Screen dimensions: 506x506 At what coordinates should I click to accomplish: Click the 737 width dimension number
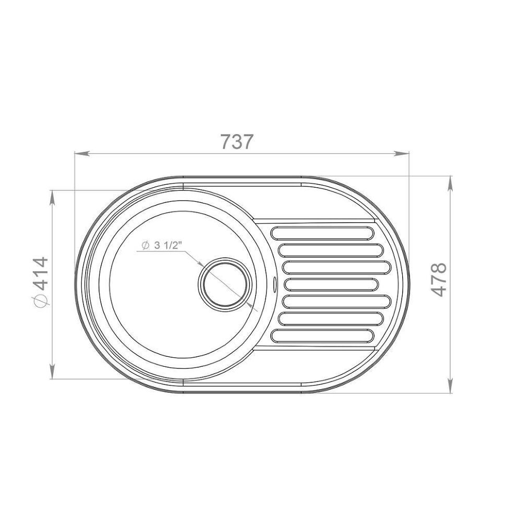237,142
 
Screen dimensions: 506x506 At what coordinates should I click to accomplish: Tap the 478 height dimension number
439,280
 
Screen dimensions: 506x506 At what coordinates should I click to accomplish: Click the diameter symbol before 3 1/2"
145,246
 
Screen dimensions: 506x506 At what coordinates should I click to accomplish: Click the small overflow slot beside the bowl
274,284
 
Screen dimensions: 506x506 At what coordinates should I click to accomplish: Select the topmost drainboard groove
322,233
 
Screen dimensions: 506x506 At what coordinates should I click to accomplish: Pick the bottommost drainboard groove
322,335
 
